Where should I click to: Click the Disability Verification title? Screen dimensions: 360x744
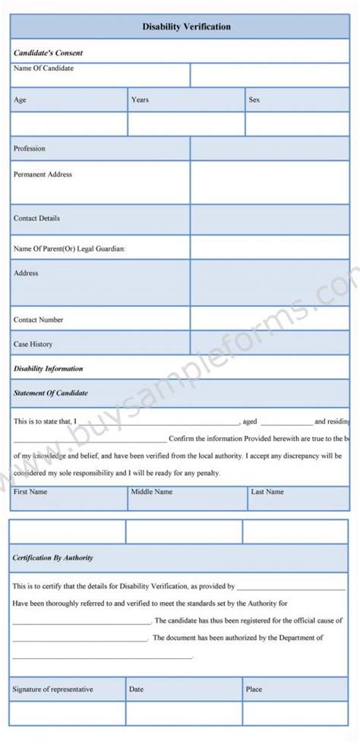coord(186,27)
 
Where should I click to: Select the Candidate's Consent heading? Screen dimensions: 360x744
coord(48,53)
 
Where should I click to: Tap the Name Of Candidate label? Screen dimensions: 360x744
coord(43,68)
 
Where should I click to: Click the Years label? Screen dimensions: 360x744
coord(140,99)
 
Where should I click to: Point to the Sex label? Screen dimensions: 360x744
coord(254,99)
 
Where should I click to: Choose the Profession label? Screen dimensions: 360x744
coord(30,149)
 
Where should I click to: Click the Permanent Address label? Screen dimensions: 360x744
coord(43,175)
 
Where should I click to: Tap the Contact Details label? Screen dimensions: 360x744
coord(36,219)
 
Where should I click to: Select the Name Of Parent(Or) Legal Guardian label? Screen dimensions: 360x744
coord(69,248)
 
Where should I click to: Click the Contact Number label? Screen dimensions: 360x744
coord(39,320)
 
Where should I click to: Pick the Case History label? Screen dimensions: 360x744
coord(33,344)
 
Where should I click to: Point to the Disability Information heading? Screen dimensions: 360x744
coord(48,369)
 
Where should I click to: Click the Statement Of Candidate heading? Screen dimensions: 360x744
coord(50,393)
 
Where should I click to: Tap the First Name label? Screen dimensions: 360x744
coord(30,492)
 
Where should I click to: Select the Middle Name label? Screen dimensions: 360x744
coord(152,492)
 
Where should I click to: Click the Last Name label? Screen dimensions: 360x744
coord(267,492)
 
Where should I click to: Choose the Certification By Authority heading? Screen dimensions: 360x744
coord(52,558)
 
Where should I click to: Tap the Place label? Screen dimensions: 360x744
coord(254,689)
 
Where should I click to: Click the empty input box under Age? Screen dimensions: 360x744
coord(69,125)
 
